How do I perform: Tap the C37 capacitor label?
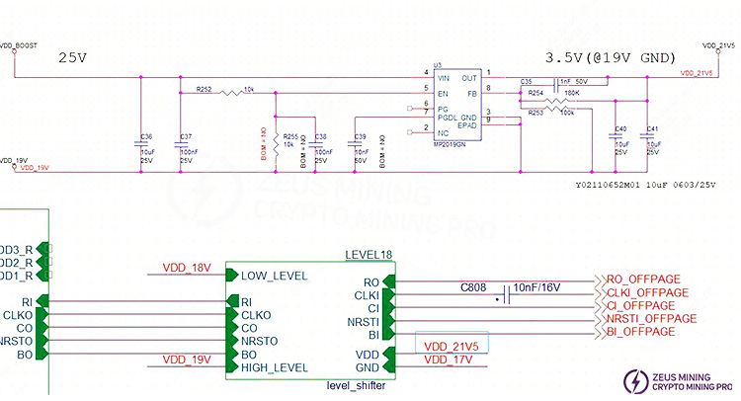[187, 135]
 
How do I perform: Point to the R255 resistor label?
[290, 135]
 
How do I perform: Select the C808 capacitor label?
[475, 288]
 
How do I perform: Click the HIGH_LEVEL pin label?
[274, 367]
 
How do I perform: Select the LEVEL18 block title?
[368, 255]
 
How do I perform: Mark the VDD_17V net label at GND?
[450, 361]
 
